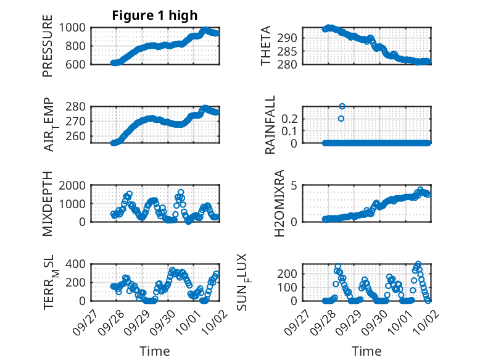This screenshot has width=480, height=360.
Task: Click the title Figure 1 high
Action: click(154, 15)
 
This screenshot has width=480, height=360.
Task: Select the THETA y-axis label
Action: click(266, 46)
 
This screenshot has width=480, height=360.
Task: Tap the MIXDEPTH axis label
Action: click(48, 203)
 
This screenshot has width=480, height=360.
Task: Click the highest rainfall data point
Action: click(342, 106)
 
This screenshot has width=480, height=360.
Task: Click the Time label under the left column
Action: click(154, 351)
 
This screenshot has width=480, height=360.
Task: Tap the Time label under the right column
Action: click(366, 351)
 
